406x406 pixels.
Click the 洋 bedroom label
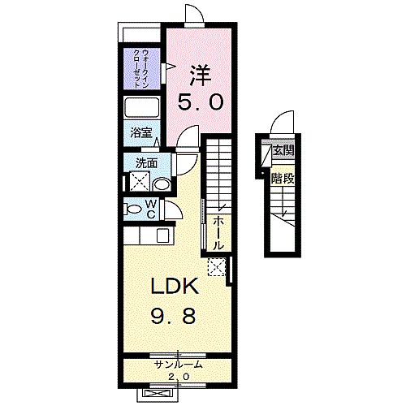pyautogui.click(x=200, y=75)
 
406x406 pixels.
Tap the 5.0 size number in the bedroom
pyautogui.click(x=201, y=102)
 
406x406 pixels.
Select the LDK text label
pyautogui.click(x=175, y=286)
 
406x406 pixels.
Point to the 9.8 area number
pyautogui.click(x=173, y=316)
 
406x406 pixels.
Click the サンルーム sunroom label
pyautogui.click(x=178, y=365)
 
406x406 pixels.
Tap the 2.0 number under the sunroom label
pyautogui.click(x=179, y=377)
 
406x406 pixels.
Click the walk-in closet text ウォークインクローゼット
pyautogui.click(x=141, y=68)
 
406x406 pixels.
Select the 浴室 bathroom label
pyautogui.click(x=141, y=132)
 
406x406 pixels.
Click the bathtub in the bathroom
pyautogui.click(x=141, y=107)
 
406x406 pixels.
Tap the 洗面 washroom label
pyautogui.click(x=146, y=163)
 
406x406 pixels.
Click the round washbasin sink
pyautogui.click(x=162, y=184)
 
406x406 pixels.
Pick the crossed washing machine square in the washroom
pyautogui.click(x=140, y=181)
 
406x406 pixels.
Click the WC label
pyautogui.click(x=151, y=209)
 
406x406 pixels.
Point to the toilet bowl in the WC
pyautogui.click(x=132, y=209)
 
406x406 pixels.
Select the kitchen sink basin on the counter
pyautogui.click(x=163, y=235)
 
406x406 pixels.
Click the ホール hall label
pyautogui.click(x=218, y=233)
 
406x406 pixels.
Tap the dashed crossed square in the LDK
pyautogui.click(x=217, y=267)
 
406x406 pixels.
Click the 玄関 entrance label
pyautogui.click(x=283, y=149)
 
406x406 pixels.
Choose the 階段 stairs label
pyautogui.click(x=283, y=179)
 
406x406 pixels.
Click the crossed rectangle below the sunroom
pyautogui.click(x=157, y=393)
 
